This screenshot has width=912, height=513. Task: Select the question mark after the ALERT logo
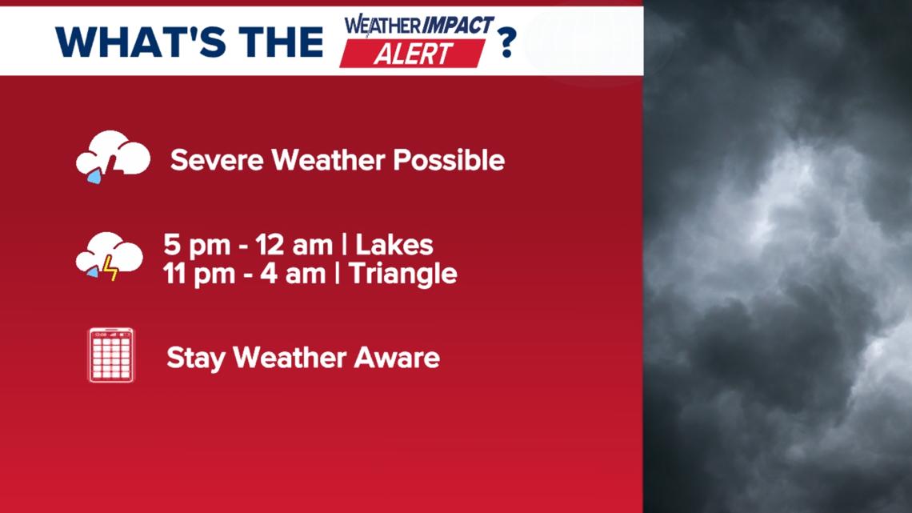(x=506, y=42)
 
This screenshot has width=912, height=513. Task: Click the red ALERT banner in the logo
(x=413, y=53)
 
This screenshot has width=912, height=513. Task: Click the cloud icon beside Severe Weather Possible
(x=113, y=155)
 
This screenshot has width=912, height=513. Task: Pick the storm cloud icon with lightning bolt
(x=110, y=255)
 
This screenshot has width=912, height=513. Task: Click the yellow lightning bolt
(x=110, y=267)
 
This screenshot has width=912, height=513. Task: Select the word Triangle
(x=404, y=274)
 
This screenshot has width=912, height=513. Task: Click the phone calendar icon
(x=111, y=355)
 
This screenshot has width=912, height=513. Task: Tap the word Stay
(x=195, y=357)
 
